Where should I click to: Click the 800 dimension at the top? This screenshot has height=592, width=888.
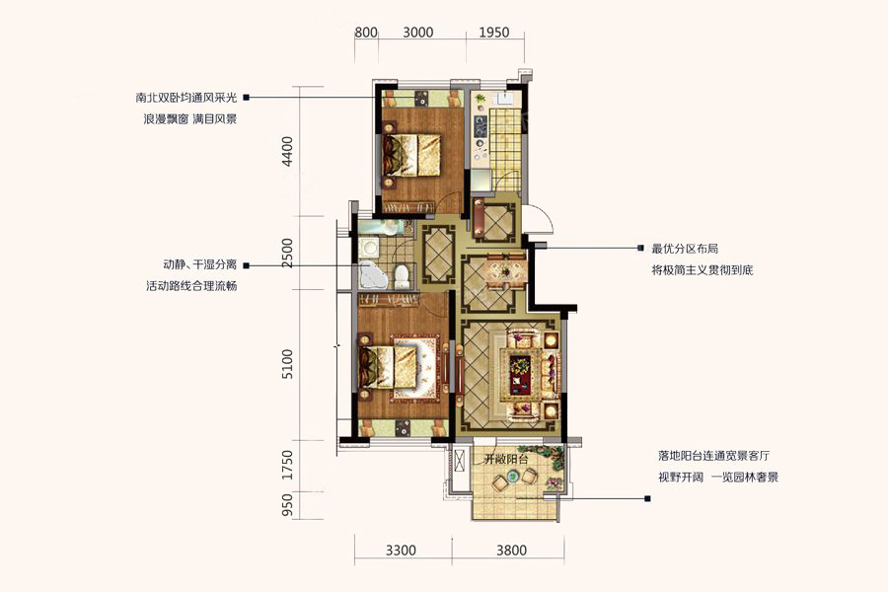pos(366,33)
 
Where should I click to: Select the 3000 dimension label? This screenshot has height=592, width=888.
pos(418,33)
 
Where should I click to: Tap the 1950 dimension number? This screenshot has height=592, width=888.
pos(494,33)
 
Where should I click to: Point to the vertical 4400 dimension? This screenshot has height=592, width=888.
pos(288,151)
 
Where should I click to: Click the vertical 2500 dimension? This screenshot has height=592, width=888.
pos(288,254)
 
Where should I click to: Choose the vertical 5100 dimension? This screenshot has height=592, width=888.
pos(288,364)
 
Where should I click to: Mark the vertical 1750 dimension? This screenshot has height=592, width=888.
pos(288,465)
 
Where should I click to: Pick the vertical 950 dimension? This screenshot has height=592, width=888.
pos(288,505)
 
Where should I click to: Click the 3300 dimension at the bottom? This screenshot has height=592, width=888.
pos(401,551)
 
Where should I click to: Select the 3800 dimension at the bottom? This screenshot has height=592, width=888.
pos(511,551)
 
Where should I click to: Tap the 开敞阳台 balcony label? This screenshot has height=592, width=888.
pos(506,460)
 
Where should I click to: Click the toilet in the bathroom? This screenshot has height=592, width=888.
pos(402,276)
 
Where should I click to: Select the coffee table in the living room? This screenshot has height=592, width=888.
pos(519,375)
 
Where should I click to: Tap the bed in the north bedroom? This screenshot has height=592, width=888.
pos(411,155)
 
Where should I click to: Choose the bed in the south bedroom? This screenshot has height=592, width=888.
pos(389,368)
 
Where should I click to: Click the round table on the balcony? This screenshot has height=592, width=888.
pos(514,476)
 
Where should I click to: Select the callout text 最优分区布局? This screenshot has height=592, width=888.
pos(685,248)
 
